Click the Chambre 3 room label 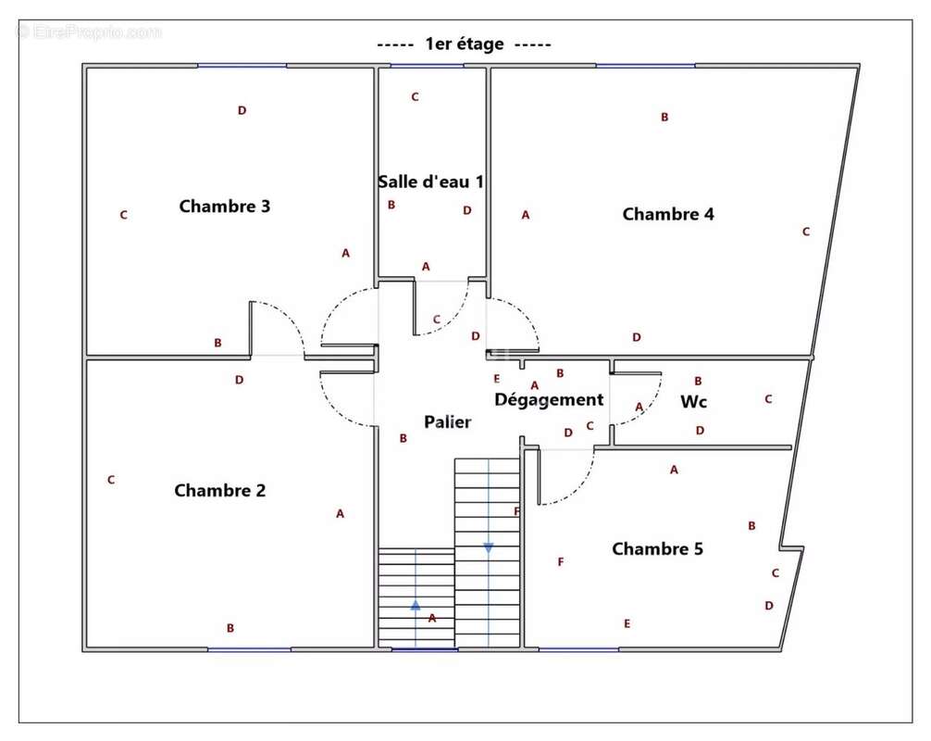pyautogui.click(x=224, y=206)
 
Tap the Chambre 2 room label pyautogui.click(x=219, y=490)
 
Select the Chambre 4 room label pyautogui.click(x=667, y=214)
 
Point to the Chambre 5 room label pyautogui.click(x=657, y=548)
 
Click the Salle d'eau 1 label pyautogui.click(x=430, y=182)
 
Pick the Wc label pyautogui.click(x=694, y=402)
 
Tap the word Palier pyautogui.click(x=448, y=421)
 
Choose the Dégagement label pyautogui.click(x=548, y=399)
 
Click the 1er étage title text pyautogui.click(x=464, y=44)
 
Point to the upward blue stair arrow pyautogui.click(x=416, y=605)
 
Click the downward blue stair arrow pyautogui.click(x=488, y=547)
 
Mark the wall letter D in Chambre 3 pyautogui.click(x=242, y=110)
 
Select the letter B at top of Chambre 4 pyautogui.click(x=664, y=117)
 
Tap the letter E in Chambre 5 pyautogui.click(x=627, y=623)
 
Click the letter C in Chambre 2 pyautogui.click(x=111, y=480)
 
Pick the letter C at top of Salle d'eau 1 pyautogui.click(x=415, y=96)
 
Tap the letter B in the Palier pyautogui.click(x=403, y=438)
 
